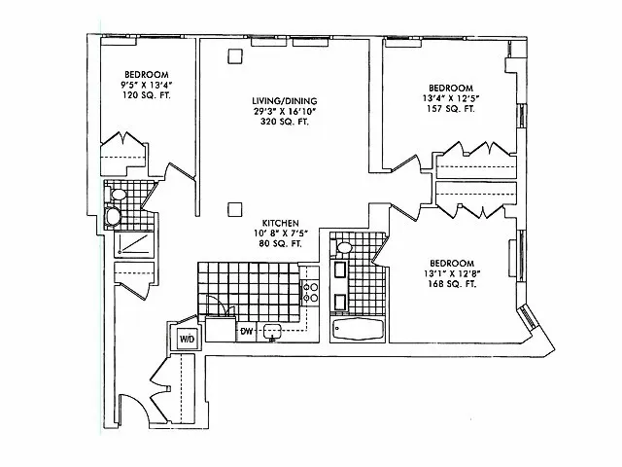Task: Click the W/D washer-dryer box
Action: pos(185,339)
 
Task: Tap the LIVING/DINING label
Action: pos(285,101)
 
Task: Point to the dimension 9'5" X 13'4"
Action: pos(147,86)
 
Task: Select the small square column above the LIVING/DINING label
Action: pos(233,55)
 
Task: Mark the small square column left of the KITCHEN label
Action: pos(233,207)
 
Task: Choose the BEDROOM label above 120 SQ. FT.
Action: pos(147,75)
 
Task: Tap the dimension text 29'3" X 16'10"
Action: pos(285,112)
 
